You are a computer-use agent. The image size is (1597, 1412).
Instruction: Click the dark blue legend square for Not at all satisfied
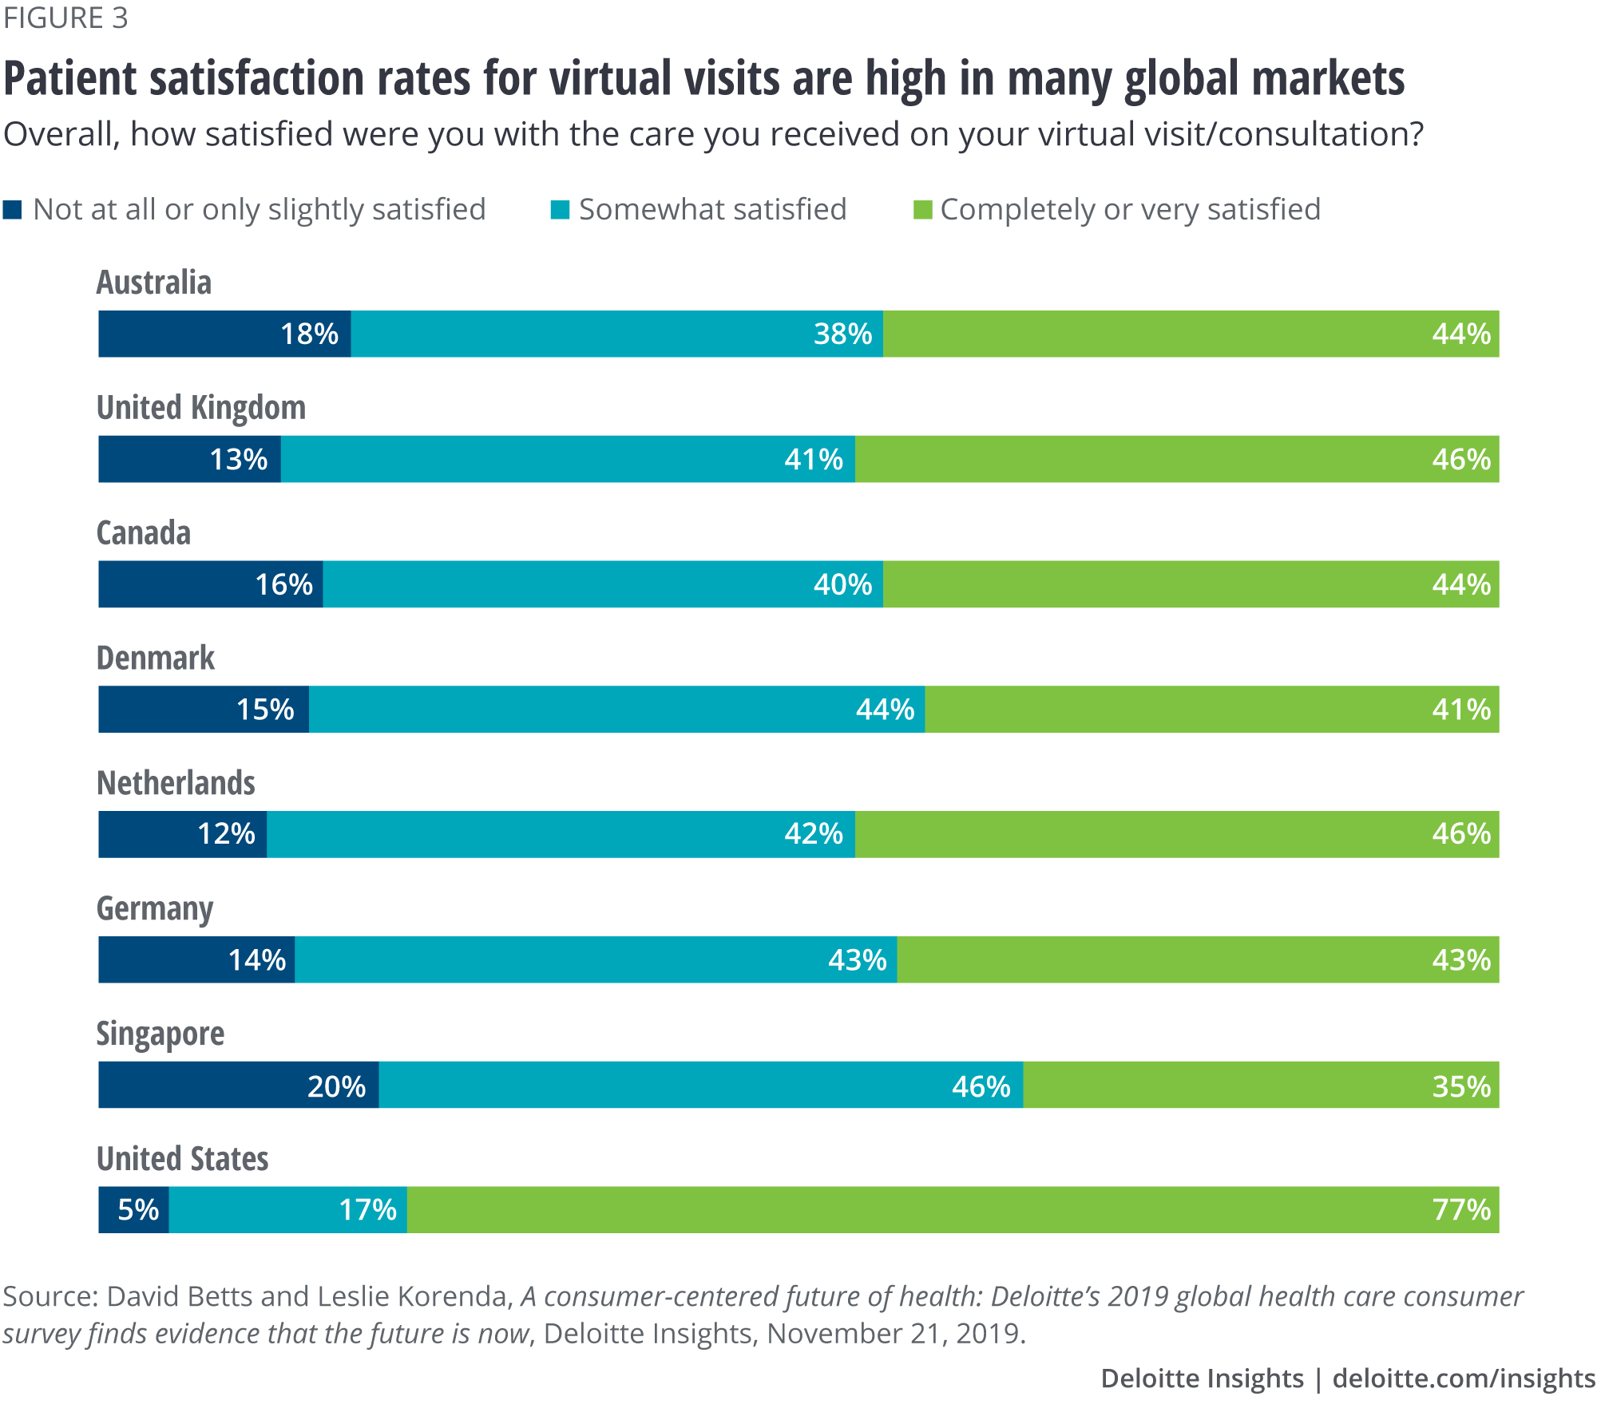coord(13,210)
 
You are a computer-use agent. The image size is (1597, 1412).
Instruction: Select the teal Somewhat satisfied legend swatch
coord(560,210)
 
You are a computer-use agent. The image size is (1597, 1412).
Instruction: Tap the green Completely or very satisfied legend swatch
coord(922,210)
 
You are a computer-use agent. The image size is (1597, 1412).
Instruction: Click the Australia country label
coord(154,283)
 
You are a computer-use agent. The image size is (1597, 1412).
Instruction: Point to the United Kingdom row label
coord(201,408)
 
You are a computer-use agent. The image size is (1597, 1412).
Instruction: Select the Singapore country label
coord(160,1034)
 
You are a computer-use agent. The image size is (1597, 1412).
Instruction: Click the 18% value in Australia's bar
coord(309,334)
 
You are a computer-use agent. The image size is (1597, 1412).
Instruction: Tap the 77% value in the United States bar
coord(1460,1210)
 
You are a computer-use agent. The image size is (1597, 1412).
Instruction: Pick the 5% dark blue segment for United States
coord(134,1210)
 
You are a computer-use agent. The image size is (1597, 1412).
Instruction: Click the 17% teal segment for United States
coord(288,1210)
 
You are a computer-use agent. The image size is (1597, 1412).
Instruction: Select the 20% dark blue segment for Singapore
coord(239,1086)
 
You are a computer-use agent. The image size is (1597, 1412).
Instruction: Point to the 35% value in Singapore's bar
coord(1460,1086)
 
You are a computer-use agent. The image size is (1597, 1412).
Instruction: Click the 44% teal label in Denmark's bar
coord(885,710)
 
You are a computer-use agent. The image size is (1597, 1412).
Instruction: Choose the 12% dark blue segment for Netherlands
coord(183,835)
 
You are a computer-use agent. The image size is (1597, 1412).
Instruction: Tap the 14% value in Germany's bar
coord(257,959)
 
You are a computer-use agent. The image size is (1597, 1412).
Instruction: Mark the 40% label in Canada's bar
coord(842,585)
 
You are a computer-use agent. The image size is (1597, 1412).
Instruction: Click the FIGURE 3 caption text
coord(65,18)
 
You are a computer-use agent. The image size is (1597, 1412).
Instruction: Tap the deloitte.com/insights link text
coord(1464,1378)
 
